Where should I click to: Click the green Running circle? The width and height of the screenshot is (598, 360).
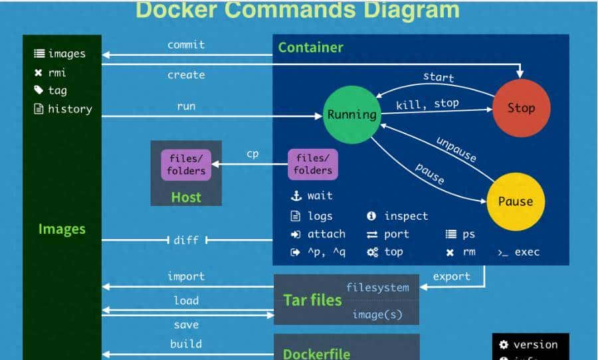point(351,114)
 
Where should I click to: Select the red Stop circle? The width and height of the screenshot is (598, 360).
point(521,108)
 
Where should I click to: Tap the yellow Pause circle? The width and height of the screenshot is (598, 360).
point(515,201)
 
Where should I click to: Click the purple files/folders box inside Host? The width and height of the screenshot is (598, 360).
point(186,164)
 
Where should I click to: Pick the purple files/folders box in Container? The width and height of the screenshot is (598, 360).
point(313,164)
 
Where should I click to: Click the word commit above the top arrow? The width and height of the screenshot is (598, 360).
point(186,45)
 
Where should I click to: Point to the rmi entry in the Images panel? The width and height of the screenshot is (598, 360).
point(56,72)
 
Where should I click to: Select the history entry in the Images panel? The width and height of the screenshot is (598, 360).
point(69,109)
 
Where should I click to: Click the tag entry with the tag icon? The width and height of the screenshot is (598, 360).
point(57,90)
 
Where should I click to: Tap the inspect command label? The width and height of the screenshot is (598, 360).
point(405,216)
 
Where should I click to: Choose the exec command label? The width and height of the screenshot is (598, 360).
point(526,252)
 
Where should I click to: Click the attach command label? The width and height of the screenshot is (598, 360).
point(326,234)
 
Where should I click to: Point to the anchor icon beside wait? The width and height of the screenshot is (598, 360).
point(296,196)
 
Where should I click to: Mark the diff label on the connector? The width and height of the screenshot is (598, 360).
point(186,240)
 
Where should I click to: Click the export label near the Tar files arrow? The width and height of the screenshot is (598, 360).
point(451,276)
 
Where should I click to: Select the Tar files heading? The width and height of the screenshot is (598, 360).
point(312,300)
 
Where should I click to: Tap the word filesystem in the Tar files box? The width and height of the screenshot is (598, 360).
point(377,288)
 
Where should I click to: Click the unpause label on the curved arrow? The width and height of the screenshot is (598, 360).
point(456,149)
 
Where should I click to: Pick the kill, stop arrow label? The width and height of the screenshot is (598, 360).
point(427,104)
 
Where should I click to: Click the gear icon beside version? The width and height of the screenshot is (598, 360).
point(504,344)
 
